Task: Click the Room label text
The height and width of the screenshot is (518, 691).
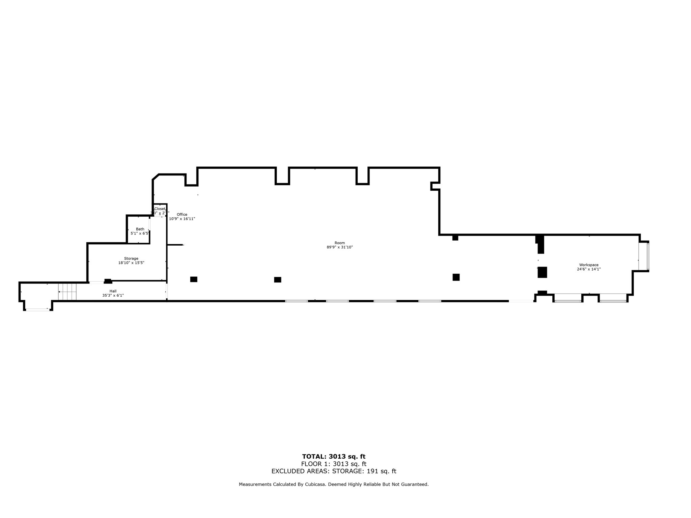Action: click(x=339, y=243)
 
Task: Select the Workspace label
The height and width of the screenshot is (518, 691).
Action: click(x=589, y=265)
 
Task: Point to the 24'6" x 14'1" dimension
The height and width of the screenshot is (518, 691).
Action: click(x=589, y=269)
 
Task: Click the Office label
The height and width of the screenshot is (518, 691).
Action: click(x=182, y=215)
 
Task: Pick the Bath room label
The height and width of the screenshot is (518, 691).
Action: click(x=140, y=229)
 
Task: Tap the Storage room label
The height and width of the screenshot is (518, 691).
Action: click(x=131, y=258)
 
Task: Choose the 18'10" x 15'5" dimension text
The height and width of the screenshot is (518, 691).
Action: click(x=131, y=263)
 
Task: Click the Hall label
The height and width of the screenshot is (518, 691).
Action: click(x=113, y=291)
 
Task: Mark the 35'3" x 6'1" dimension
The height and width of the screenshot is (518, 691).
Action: click(x=113, y=296)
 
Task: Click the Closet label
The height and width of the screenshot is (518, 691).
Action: click(x=160, y=209)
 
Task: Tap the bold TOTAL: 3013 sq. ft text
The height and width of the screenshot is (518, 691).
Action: click(x=334, y=457)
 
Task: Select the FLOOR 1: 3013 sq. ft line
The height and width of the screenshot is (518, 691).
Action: click(x=334, y=464)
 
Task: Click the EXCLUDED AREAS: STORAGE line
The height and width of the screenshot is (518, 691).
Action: click(x=334, y=471)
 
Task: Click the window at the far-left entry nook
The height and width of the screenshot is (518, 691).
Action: click(x=38, y=309)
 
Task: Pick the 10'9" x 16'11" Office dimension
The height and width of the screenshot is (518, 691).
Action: click(x=182, y=219)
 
